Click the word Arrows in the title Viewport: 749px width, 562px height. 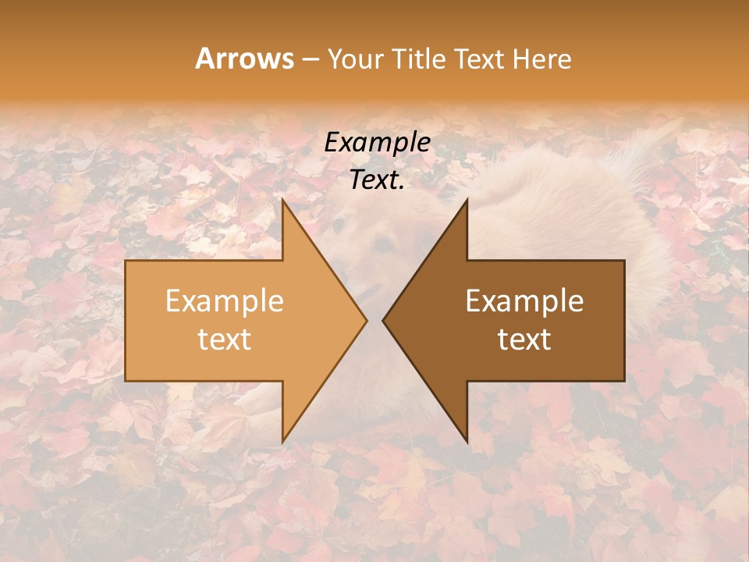pyautogui.click(x=244, y=59)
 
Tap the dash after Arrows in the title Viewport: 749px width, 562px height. pyautogui.click(x=310, y=59)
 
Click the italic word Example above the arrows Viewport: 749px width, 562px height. pyautogui.click(x=378, y=143)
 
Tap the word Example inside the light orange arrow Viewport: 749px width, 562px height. pyautogui.click(x=225, y=301)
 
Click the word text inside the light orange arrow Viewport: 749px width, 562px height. pyautogui.click(x=225, y=340)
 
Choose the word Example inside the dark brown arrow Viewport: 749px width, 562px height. pyautogui.click(x=524, y=301)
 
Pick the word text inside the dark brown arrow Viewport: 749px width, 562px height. pyautogui.click(x=524, y=340)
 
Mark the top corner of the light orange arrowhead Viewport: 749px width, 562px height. pyautogui.click(x=284, y=201)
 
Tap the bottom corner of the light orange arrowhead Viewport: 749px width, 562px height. pyautogui.click(x=284, y=440)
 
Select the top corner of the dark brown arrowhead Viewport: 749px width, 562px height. pyautogui.click(x=466, y=201)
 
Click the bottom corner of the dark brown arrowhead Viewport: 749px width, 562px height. pyautogui.click(x=466, y=440)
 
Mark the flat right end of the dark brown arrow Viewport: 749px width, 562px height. pyautogui.click(x=623, y=320)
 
